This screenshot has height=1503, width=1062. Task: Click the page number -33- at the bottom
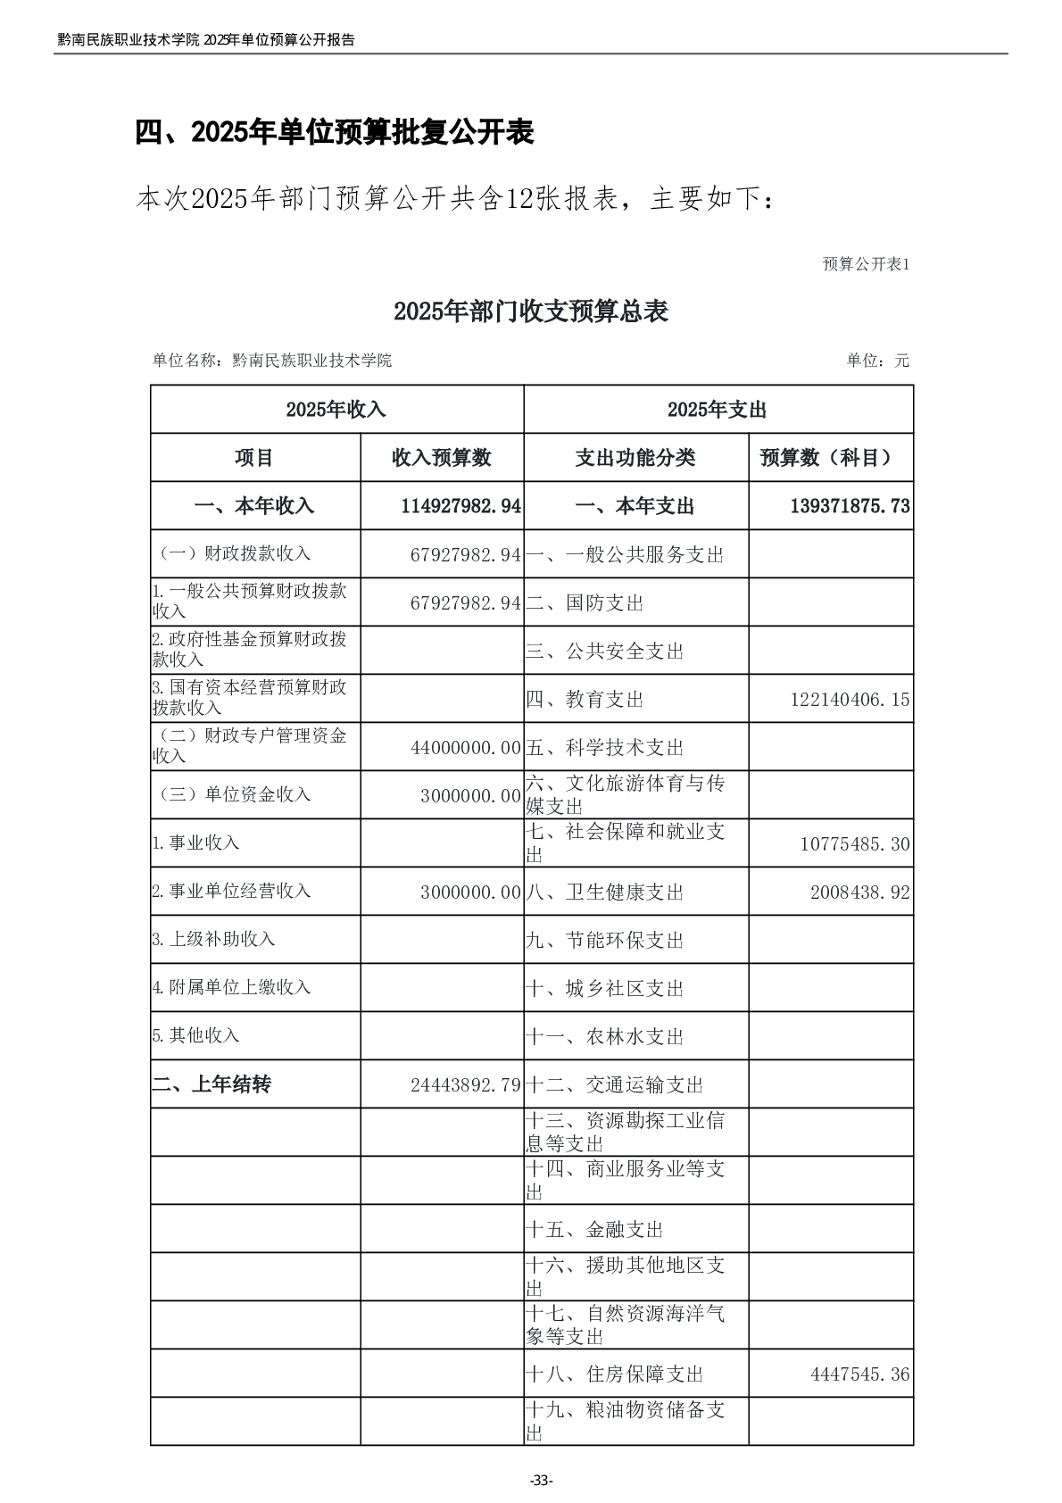pyautogui.click(x=541, y=1481)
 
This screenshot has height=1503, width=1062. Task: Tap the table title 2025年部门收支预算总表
pyautogui.click(x=530, y=311)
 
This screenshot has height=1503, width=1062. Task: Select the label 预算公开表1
pyautogui.click(x=865, y=264)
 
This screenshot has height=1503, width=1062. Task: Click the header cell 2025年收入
pyautogui.click(x=336, y=410)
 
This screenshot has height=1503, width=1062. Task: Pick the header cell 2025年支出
pyautogui.click(x=717, y=410)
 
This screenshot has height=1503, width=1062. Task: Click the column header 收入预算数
pyautogui.click(x=442, y=458)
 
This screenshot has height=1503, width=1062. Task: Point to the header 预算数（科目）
pyautogui.click(x=830, y=458)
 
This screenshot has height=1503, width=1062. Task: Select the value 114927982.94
pyautogui.click(x=460, y=506)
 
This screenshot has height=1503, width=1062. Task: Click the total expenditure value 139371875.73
pyautogui.click(x=850, y=506)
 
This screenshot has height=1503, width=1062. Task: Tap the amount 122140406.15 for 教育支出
pyautogui.click(x=850, y=700)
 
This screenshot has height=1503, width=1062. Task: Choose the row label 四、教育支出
pyautogui.click(x=585, y=700)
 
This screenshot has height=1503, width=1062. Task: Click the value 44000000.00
pyautogui.click(x=466, y=748)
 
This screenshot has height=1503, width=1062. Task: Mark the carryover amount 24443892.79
pyautogui.click(x=466, y=1085)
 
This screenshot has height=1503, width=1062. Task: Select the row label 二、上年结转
pyautogui.click(x=212, y=1085)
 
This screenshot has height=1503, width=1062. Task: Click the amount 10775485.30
pyautogui.click(x=855, y=844)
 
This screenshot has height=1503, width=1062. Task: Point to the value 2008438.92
pyautogui.click(x=860, y=893)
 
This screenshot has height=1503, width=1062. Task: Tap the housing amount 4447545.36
pyautogui.click(x=860, y=1374)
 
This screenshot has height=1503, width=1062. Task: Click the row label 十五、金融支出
pyautogui.click(x=594, y=1230)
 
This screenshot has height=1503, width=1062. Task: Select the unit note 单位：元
pyautogui.click(x=877, y=361)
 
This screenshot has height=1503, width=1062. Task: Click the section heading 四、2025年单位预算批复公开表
pyautogui.click(x=335, y=132)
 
